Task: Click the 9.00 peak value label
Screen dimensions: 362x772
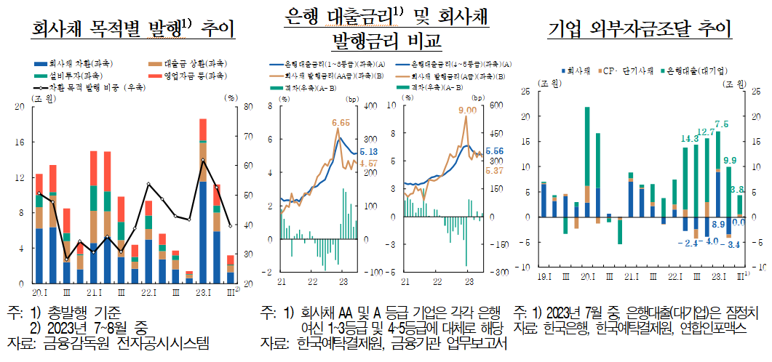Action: (467, 110)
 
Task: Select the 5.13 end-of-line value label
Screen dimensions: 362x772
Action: (368, 151)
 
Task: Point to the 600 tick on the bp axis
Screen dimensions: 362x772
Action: (496, 106)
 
